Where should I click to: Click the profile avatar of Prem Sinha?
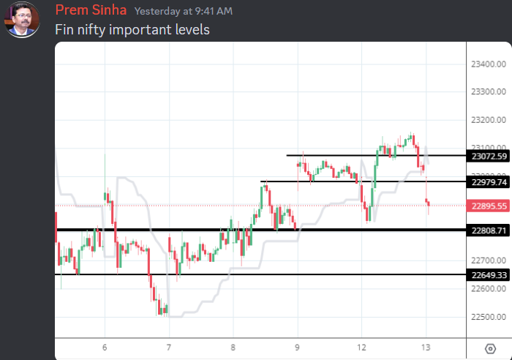[x=23, y=20]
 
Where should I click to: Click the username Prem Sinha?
[x=91, y=11]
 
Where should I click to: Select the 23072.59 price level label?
[x=489, y=156]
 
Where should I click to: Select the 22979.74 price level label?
[x=489, y=181]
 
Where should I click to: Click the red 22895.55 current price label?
[x=489, y=206]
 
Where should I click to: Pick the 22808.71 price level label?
[x=489, y=230]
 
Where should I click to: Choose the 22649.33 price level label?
[x=489, y=275]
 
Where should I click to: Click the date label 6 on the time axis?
[x=105, y=348]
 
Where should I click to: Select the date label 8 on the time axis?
[x=233, y=348]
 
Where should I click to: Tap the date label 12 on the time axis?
[x=361, y=348]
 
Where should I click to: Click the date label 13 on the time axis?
[x=425, y=348]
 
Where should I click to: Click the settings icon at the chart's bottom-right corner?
[x=489, y=348]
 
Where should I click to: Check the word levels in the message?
[x=192, y=30]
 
